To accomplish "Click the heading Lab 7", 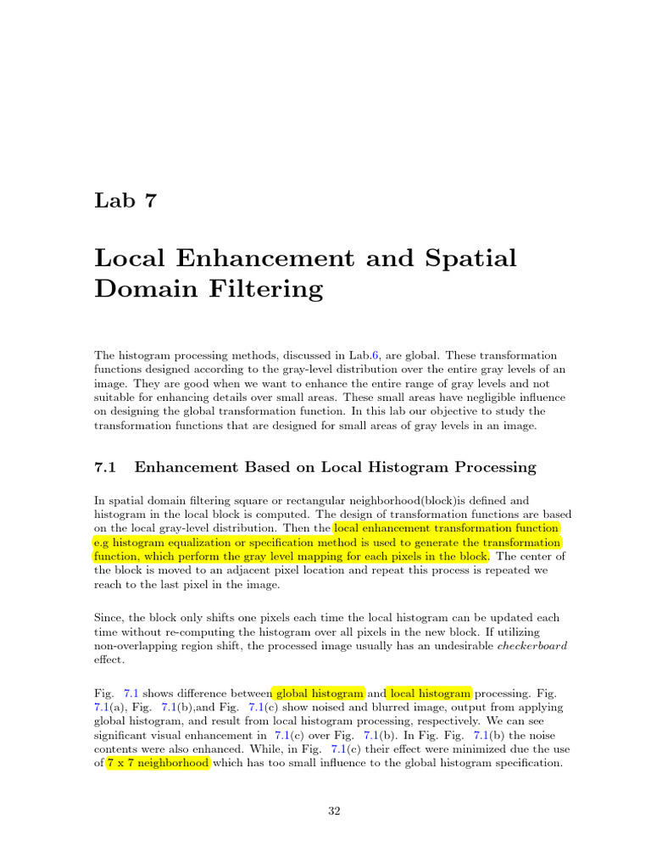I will coord(125,201).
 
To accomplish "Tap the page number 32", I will coord(334,811).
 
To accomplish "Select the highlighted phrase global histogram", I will coord(318,693).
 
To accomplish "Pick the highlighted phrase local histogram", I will coord(431,693).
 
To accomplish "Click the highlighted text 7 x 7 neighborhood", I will coord(158,763).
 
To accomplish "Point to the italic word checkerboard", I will coord(531,645).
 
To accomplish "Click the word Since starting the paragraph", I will coord(108,618).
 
